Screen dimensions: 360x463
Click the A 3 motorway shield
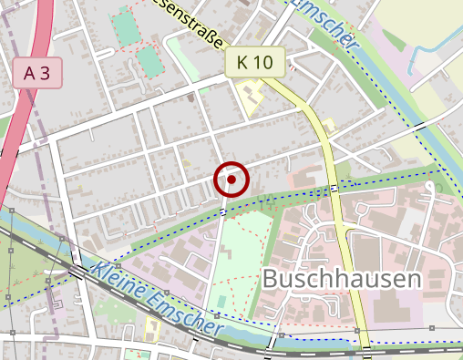point(37,74)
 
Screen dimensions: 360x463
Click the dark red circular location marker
point(232,180)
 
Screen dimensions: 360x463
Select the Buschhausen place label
point(342,280)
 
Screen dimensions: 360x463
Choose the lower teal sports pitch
point(147,62)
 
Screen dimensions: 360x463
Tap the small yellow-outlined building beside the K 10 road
point(327,124)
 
